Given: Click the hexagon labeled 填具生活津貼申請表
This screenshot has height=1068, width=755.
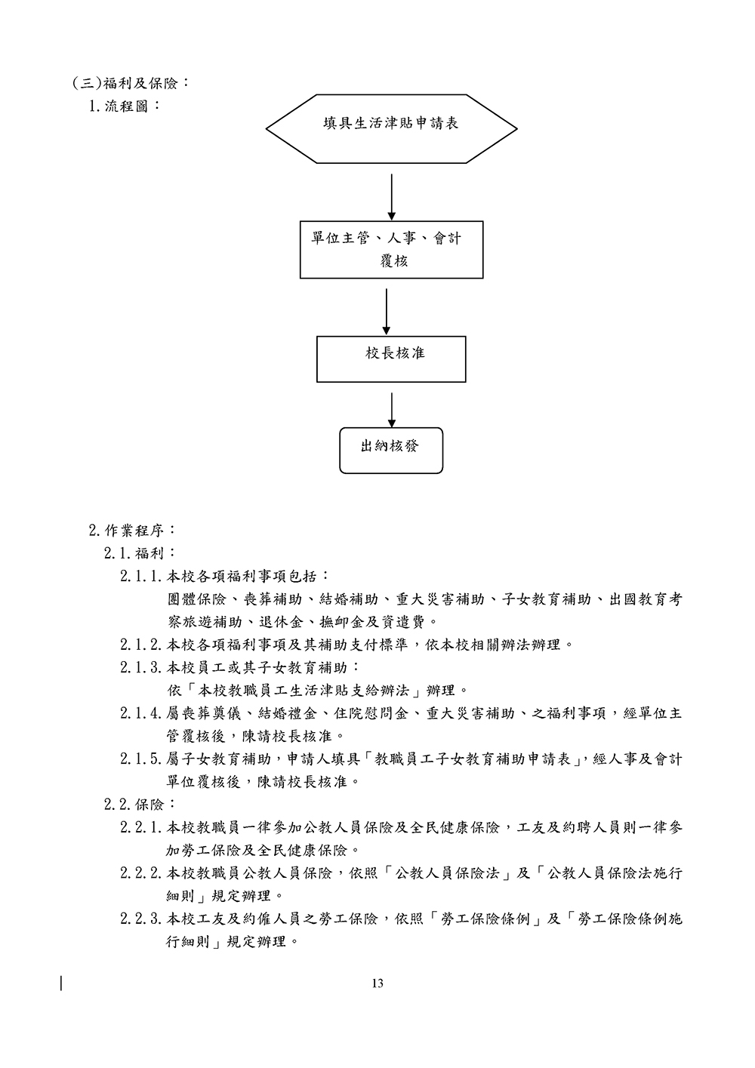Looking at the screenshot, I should point(391,128).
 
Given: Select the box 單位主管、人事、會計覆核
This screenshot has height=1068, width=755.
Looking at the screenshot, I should point(391,250).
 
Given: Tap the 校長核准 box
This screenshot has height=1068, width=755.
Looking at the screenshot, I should point(391,359).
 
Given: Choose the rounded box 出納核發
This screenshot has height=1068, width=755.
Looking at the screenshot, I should point(391,451).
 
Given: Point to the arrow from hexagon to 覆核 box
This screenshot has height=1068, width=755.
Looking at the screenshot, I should point(391,196).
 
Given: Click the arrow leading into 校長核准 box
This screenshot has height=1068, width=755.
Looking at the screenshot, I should point(387,311).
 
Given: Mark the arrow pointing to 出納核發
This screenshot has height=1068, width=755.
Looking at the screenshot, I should point(391,409).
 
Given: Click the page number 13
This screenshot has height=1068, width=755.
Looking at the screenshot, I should point(377,983).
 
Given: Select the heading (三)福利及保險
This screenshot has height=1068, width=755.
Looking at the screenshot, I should point(130,82).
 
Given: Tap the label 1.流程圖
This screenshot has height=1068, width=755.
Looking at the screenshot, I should point(125,105).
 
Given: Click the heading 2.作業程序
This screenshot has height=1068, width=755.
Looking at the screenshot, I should point(132,530).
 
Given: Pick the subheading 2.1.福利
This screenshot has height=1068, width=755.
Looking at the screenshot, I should point(140,553).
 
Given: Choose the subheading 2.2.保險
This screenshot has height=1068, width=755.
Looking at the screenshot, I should point(140,805).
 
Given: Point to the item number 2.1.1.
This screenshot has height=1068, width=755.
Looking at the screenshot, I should point(142,577).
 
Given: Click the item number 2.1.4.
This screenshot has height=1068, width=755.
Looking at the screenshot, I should point(142,713).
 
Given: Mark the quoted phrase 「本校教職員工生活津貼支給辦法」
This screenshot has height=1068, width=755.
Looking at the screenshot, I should point(304,691).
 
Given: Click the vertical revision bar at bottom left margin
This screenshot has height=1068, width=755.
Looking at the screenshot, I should point(61,983).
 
